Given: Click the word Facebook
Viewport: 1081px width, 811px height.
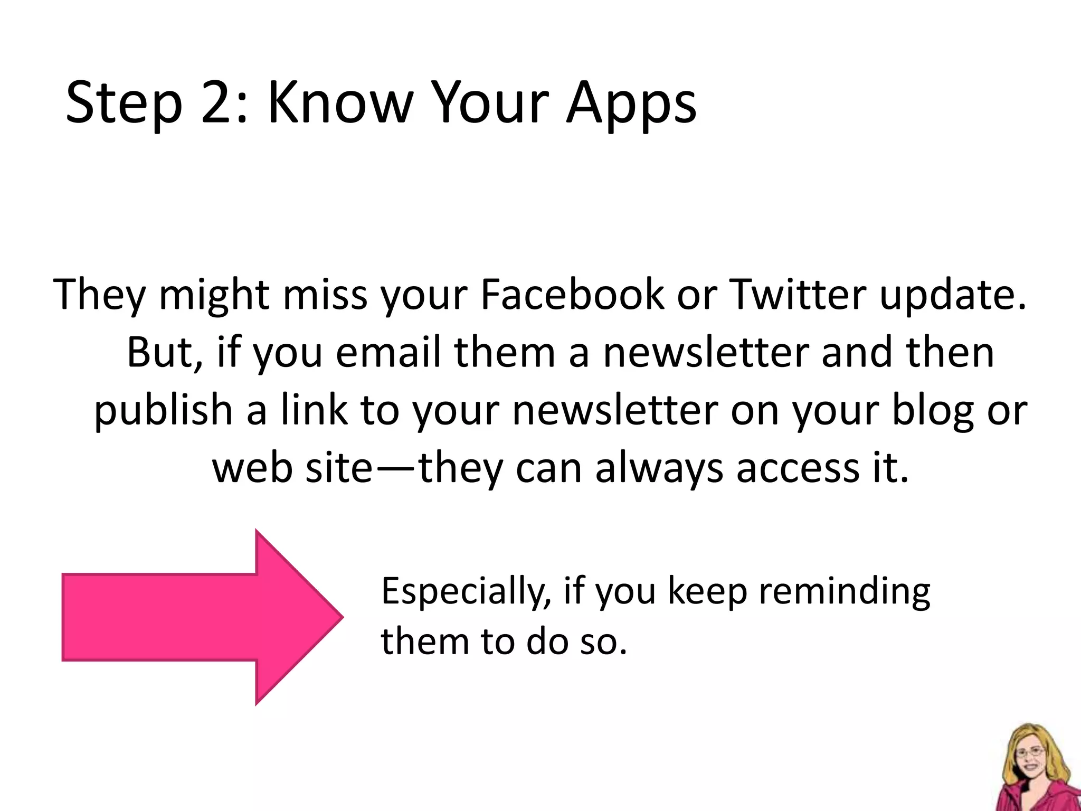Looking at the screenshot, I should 572,294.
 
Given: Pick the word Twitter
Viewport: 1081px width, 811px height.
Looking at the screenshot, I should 797,294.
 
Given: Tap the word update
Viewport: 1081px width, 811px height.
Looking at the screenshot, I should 953,294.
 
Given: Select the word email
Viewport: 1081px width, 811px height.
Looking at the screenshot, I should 388,352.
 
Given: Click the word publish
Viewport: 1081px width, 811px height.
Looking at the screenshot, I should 164,410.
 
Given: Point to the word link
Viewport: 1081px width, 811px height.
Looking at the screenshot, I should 315,410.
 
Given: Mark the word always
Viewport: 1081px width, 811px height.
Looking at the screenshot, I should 659,468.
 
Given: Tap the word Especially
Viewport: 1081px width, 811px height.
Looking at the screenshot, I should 467,592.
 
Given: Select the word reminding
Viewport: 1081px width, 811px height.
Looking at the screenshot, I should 845,592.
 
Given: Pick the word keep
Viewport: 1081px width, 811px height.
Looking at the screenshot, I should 707,592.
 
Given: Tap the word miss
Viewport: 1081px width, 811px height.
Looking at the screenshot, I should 325,294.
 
